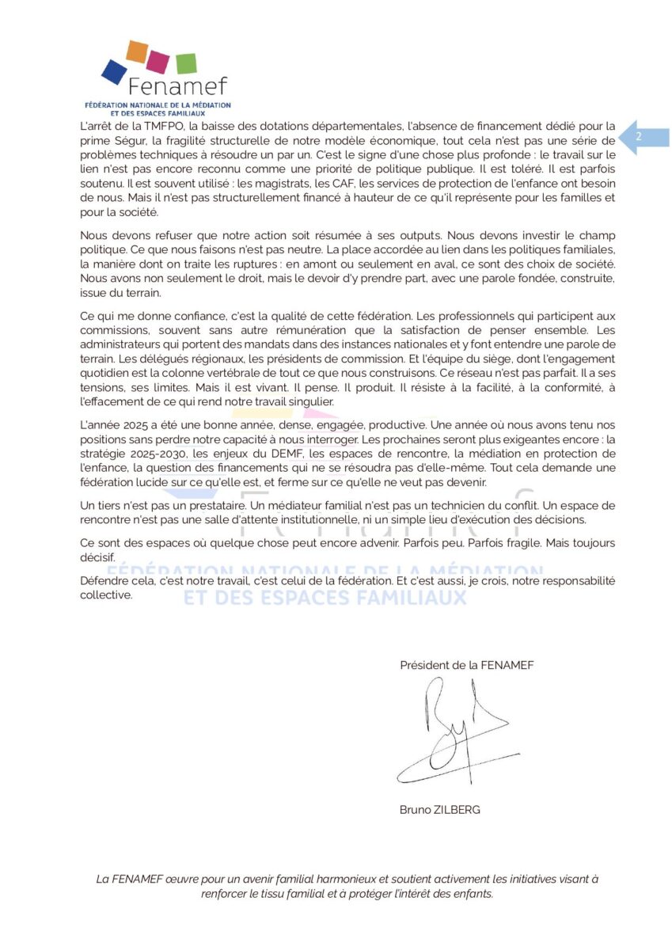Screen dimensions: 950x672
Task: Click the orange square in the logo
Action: tap(137, 51)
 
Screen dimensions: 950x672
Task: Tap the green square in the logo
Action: tap(186, 63)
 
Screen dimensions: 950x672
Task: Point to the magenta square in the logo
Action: tap(158, 61)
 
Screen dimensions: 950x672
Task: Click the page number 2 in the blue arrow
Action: tap(639, 138)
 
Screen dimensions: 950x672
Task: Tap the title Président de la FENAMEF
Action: tap(466, 665)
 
